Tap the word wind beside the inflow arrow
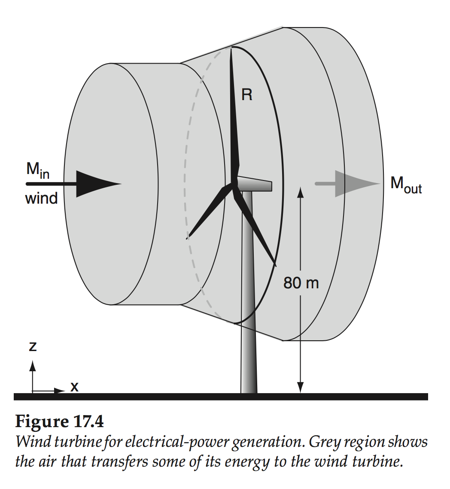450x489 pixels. pyautogui.click(x=42, y=199)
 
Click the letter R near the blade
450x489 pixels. pyautogui.click(x=247, y=95)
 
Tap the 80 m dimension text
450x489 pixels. pyautogui.click(x=301, y=283)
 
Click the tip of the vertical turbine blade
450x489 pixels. pyautogui.click(x=231, y=49)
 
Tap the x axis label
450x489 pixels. pyautogui.click(x=74, y=387)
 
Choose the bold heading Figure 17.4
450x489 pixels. pyautogui.click(x=59, y=422)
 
